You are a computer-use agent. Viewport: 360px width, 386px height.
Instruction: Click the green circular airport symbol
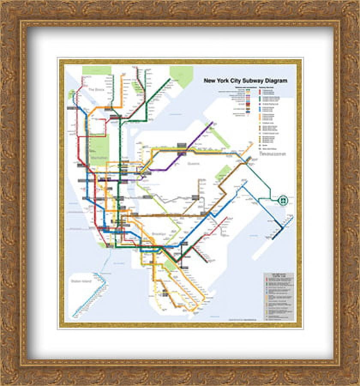[283, 199]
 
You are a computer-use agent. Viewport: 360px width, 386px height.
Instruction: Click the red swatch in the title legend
[259, 92]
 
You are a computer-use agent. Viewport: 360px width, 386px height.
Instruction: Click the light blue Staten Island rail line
[90, 296]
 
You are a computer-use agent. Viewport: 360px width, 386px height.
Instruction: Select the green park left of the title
[181, 75]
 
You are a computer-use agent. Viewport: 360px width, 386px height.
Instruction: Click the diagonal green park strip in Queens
[219, 136]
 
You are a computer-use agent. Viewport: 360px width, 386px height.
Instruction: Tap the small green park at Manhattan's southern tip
[102, 245]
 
